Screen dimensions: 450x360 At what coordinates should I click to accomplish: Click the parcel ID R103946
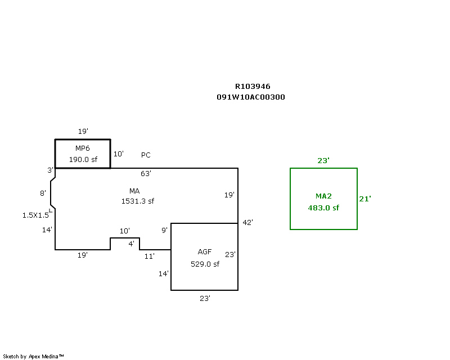[253, 87]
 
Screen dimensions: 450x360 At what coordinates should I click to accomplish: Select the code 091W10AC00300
[251, 97]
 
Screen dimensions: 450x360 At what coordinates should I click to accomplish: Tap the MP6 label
[82, 148]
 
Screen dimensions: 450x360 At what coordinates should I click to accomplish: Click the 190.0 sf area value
[83, 159]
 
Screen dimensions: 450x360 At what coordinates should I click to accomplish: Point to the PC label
[146, 155]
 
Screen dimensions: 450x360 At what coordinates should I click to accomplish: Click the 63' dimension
[146, 173]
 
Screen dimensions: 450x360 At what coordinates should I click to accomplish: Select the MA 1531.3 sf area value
[138, 201]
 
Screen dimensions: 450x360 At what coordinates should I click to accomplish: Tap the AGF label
[205, 252]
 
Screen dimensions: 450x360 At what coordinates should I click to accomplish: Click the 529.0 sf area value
[205, 264]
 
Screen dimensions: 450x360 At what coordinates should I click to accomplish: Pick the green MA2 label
[323, 196]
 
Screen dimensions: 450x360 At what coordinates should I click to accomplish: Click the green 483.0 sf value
[323, 208]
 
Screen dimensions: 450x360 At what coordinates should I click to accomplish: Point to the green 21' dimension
[365, 199]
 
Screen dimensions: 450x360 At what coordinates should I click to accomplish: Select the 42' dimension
[247, 222]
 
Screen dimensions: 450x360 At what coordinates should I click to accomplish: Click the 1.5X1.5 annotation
[35, 215]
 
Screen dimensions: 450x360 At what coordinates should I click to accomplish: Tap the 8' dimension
[43, 193]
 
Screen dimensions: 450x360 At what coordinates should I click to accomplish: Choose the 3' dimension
[50, 170]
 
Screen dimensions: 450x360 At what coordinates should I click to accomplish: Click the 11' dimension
[149, 256]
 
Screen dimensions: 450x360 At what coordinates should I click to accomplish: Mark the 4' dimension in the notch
[131, 244]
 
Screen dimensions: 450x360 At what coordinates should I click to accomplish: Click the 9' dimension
[164, 230]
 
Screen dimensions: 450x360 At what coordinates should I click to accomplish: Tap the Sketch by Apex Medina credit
[33, 357]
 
